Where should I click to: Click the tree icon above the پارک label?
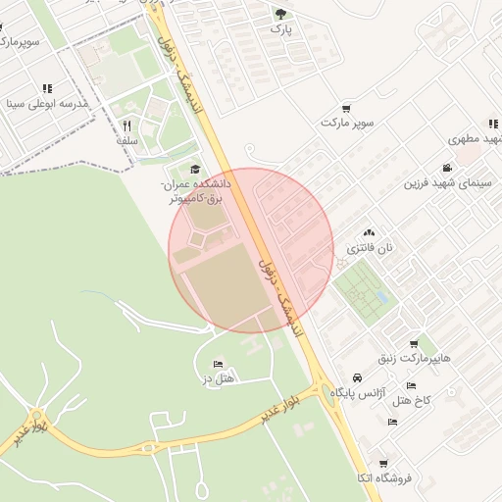[281, 14]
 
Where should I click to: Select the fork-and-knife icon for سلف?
[126, 125]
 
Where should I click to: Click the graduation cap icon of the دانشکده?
[194, 169]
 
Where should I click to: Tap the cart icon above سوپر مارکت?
[347, 109]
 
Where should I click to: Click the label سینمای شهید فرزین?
[451, 183]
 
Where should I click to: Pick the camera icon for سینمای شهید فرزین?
[448, 168]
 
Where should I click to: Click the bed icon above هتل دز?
[218, 364]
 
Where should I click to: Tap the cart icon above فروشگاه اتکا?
[383, 463]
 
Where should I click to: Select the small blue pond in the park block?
[381, 296]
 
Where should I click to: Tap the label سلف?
[126, 140]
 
